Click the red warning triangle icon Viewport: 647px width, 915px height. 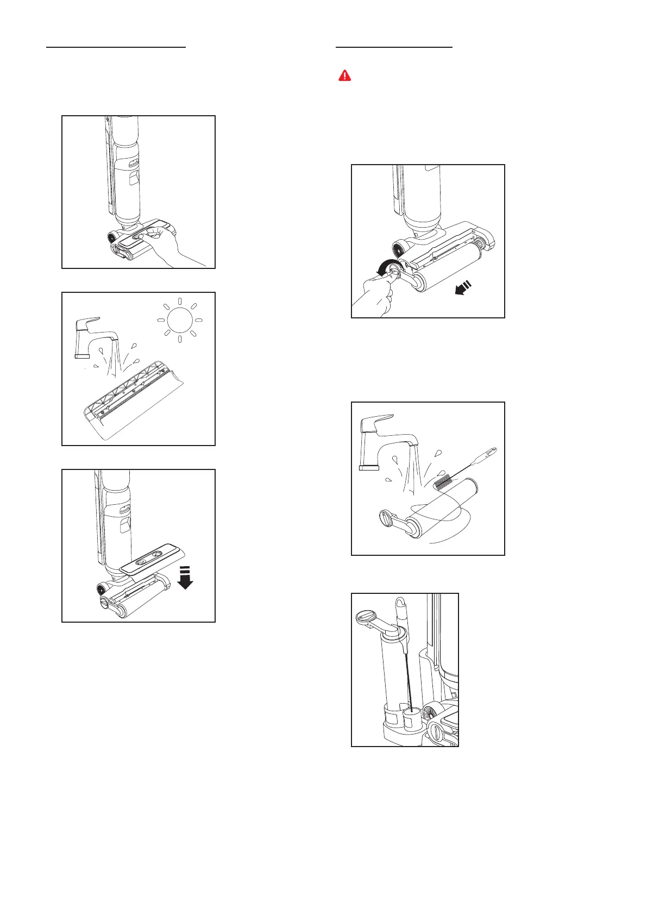[x=344, y=76]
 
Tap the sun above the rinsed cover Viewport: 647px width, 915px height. [x=179, y=321]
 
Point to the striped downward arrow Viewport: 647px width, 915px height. [x=186, y=578]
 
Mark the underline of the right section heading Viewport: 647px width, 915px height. [x=394, y=47]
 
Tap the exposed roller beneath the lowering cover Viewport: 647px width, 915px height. [x=136, y=605]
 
